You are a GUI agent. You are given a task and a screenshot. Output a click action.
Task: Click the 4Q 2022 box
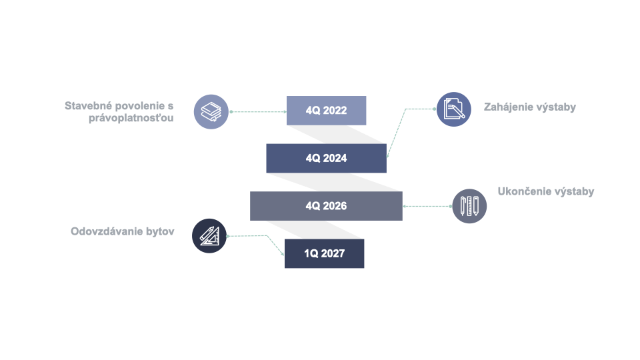[x=326, y=111]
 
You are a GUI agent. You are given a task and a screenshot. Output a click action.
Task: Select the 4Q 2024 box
[x=326, y=159]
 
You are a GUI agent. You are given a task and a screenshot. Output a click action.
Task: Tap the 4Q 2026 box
[x=326, y=206]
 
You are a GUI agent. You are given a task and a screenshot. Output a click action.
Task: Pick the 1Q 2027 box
[x=324, y=253]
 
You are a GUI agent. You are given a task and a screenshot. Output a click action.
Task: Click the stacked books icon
[x=211, y=112]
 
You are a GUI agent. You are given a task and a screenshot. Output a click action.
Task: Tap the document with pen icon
[x=454, y=109]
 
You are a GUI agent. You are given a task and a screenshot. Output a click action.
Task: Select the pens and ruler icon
[x=469, y=206]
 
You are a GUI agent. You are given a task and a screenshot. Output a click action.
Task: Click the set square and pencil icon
[x=209, y=236]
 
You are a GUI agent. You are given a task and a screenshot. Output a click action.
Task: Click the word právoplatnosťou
[x=131, y=119]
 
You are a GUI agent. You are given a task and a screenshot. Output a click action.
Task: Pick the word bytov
[x=160, y=232]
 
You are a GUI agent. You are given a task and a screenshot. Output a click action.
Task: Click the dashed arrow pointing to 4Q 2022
[x=259, y=112]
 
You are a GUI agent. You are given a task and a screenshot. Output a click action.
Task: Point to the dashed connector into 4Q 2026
[x=427, y=206]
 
